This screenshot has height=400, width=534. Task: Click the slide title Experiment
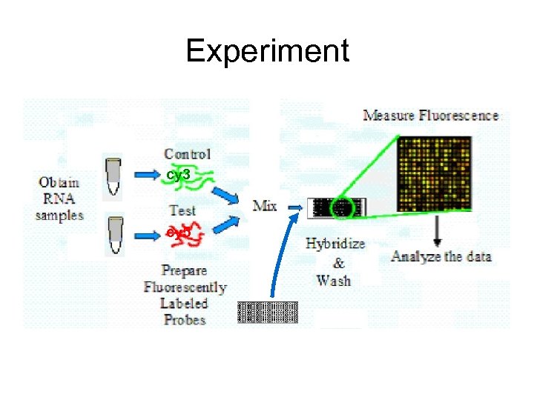tap(267, 51)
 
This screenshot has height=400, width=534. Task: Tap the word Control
tap(187, 154)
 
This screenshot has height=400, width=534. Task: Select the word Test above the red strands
tap(182, 210)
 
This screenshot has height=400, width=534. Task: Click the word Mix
tap(265, 204)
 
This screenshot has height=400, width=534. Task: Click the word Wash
tap(334, 281)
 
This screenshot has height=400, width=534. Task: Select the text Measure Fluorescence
tap(430, 116)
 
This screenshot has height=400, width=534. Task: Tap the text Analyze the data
tap(441, 257)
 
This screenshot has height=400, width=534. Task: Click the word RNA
tap(59, 199)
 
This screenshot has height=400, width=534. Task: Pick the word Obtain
tap(59, 181)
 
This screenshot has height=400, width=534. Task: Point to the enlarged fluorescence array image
tap(435, 174)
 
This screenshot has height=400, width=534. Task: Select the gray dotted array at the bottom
tap(267, 312)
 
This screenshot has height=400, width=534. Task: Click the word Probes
tap(184, 320)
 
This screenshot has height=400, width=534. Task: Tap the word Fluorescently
tap(184, 287)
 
